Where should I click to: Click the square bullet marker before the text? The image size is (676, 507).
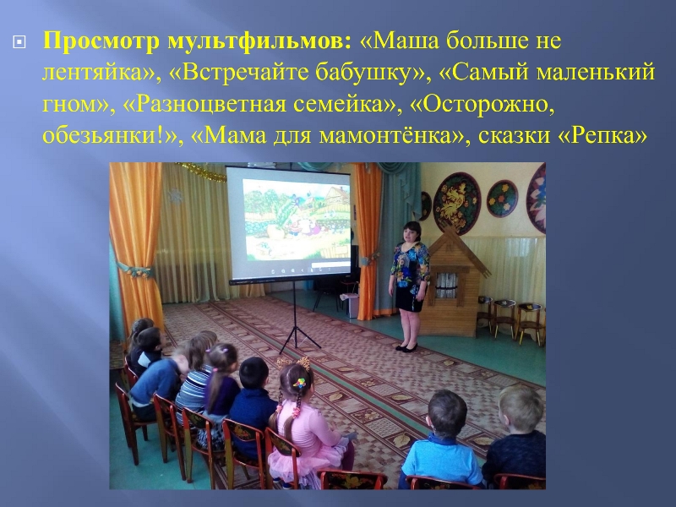tap(19, 42)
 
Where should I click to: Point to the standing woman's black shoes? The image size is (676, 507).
tap(406, 347)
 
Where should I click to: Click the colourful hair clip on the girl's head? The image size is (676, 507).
tap(299, 383)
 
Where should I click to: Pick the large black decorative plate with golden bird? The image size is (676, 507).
tap(456, 203)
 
